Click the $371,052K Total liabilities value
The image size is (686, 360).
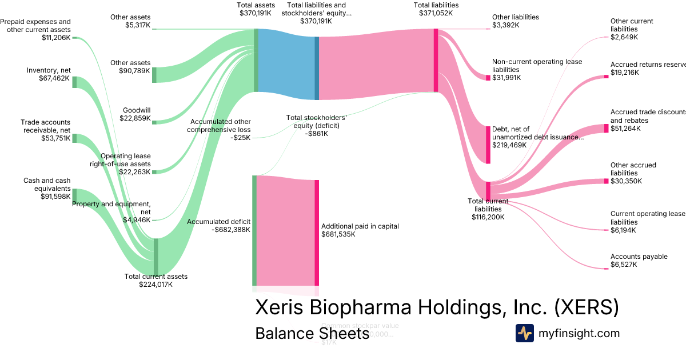click(x=436, y=13)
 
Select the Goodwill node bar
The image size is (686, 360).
click(x=154, y=121)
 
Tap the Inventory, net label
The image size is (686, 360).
click(x=49, y=70)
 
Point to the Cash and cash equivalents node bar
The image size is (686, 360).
click(x=74, y=195)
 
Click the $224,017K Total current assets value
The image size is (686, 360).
click(x=155, y=285)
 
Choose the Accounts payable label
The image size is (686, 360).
click(x=639, y=257)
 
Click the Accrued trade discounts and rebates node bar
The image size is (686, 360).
click(x=607, y=128)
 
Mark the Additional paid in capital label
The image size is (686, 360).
click(x=360, y=226)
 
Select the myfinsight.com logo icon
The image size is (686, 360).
click(x=524, y=333)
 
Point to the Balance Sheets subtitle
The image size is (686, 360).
click(x=312, y=333)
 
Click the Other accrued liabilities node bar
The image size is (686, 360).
click(x=607, y=181)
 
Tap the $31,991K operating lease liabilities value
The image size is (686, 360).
click(x=506, y=78)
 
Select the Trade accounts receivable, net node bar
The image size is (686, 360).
click(x=74, y=138)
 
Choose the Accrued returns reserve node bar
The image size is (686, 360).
click(x=607, y=76)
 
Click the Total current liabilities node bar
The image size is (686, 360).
click(x=488, y=190)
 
